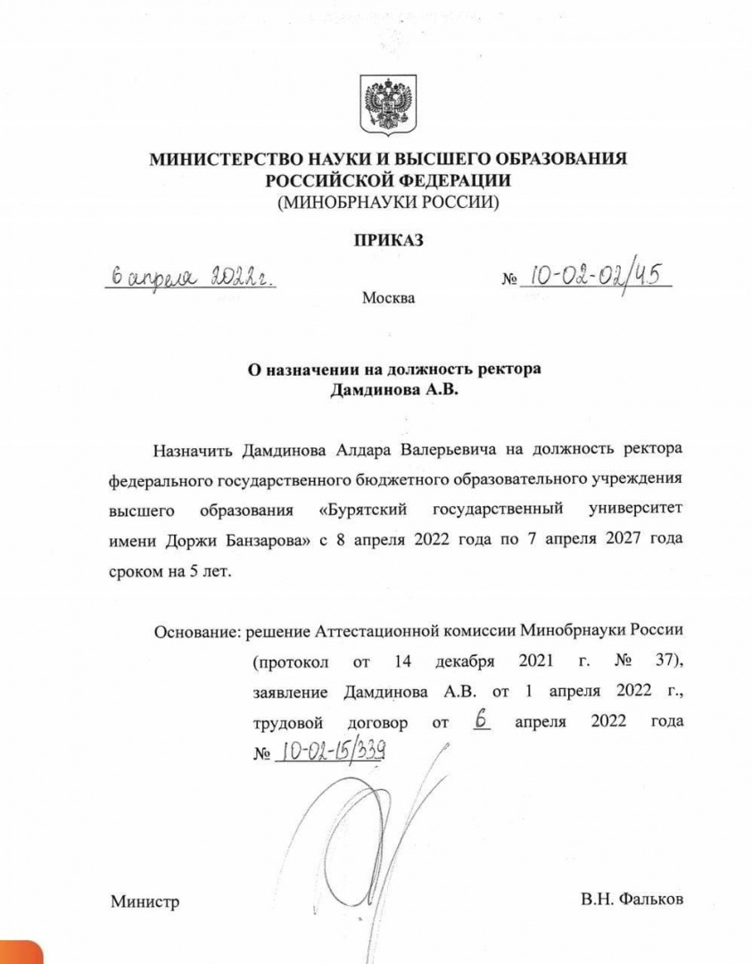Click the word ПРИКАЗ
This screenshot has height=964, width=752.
tap(388, 239)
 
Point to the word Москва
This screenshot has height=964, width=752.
tap(388, 297)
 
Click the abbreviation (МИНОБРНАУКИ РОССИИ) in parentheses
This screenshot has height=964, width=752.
tap(388, 202)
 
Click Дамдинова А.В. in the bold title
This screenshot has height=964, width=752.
tap(388, 390)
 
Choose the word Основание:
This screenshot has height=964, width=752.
tap(194, 630)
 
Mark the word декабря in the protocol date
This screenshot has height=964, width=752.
tap(465, 661)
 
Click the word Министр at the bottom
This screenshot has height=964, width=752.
tap(145, 902)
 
